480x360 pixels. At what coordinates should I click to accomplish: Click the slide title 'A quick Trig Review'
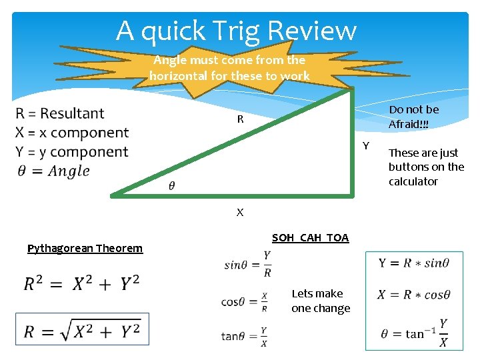pos(237,31)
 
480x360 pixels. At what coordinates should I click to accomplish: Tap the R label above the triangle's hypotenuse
pos(240,120)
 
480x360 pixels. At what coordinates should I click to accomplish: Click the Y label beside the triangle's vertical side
pos(365,146)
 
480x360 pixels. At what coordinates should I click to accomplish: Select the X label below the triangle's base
pos(240,213)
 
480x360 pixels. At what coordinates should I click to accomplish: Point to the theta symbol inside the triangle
pos(173,185)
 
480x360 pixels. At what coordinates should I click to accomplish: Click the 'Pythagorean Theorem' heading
pos(85,249)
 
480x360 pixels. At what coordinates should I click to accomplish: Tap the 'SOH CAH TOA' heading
pos(310,238)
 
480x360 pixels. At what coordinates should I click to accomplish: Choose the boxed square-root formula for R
pos(83,330)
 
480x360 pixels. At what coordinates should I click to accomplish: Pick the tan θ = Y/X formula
pos(245,336)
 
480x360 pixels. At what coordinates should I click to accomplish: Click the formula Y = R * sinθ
pos(414,263)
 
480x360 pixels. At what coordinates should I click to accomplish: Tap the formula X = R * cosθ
pos(414,295)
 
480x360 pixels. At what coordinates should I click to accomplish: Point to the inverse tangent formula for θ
pos(414,332)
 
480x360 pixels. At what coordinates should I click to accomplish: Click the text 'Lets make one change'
pos(321,301)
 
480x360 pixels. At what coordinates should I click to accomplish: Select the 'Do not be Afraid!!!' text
pos(414,117)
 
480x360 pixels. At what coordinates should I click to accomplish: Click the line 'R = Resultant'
pos(60,113)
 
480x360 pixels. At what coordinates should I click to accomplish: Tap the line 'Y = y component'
pos(72,152)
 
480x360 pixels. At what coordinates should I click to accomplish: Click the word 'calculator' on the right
pos(413,181)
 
